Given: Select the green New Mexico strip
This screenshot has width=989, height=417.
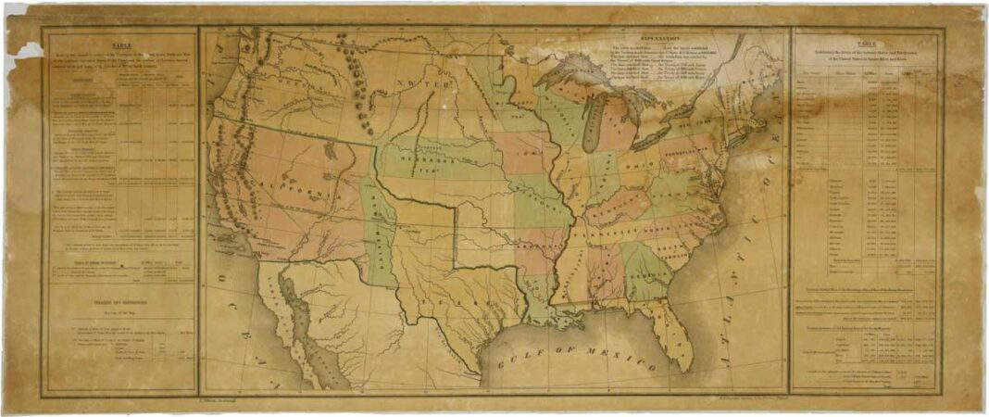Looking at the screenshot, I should pyautogui.click(x=380, y=232).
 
